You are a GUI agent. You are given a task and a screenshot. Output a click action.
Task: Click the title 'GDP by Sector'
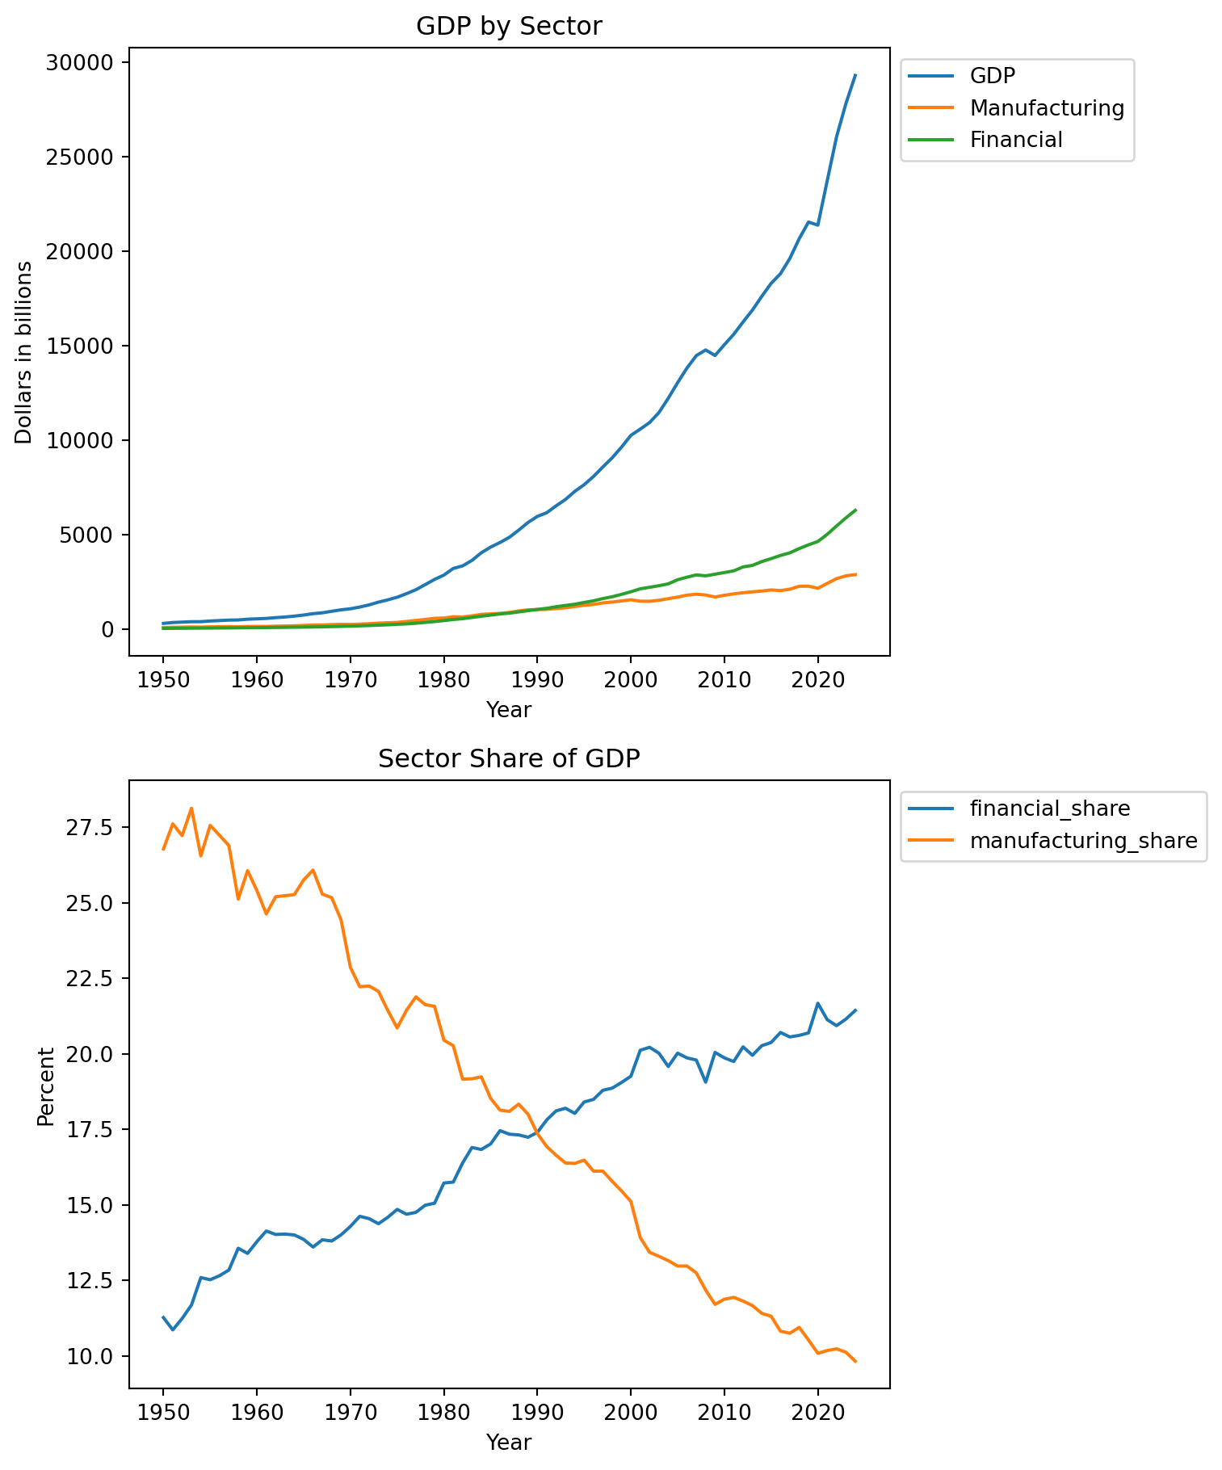pyautogui.click(x=509, y=27)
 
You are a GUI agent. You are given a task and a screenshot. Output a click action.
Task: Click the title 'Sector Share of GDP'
pyautogui.click(x=509, y=759)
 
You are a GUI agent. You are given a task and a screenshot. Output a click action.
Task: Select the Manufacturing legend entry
pyautogui.click(x=1047, y=107)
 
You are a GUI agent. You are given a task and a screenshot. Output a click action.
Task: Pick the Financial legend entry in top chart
pyautogui.click(x=1016, y=140)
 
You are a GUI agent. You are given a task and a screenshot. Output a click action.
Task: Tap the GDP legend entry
pyautogui.click(x=992, y=75)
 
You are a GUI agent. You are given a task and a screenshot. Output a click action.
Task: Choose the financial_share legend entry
pyautogui.click(x=1049, y=808)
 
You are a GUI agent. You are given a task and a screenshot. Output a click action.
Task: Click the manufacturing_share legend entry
pyautogui.click(x=1083, y=841)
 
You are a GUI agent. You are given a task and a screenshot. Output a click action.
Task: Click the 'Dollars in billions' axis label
pyautogui.click(x=24, y=352)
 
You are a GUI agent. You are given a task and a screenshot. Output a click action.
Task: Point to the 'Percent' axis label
pyautogui.click(x=46, y=1086)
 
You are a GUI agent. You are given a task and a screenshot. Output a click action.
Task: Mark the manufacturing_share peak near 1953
pyautogui.click(x=191, y=808)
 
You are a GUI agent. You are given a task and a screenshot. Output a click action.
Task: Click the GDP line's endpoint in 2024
pyautogui.click(x=855, y=75)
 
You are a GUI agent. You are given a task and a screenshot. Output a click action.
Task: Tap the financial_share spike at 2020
pyautogui.click(x=818, y=1003)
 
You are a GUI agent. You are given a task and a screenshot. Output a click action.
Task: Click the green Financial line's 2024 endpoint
pyautogui.click(x=855, y=510)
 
